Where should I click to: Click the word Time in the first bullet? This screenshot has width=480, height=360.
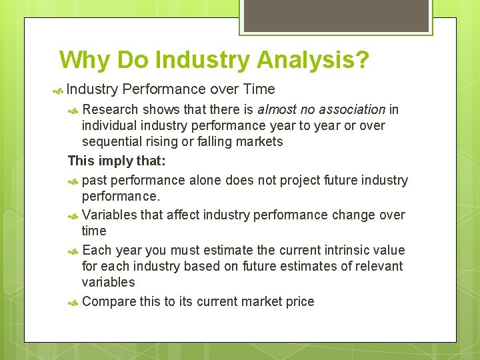tap(259, 89)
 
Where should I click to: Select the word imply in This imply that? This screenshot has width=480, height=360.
tap(115, 161)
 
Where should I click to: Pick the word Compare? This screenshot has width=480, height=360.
tap(109, 301)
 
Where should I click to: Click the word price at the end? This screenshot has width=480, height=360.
tap(299, 301)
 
